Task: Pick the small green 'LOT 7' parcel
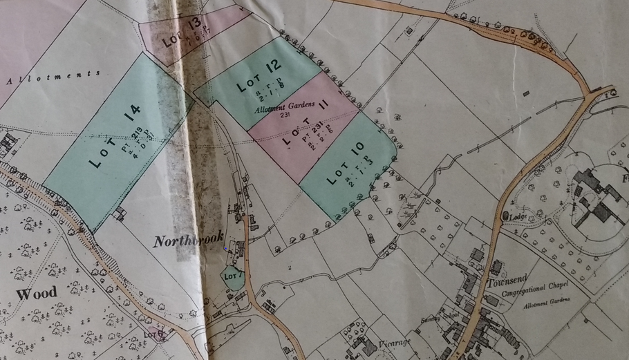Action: coord(232,278)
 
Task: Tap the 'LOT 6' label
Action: coord(153,334)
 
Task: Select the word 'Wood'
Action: coord(37,294)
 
